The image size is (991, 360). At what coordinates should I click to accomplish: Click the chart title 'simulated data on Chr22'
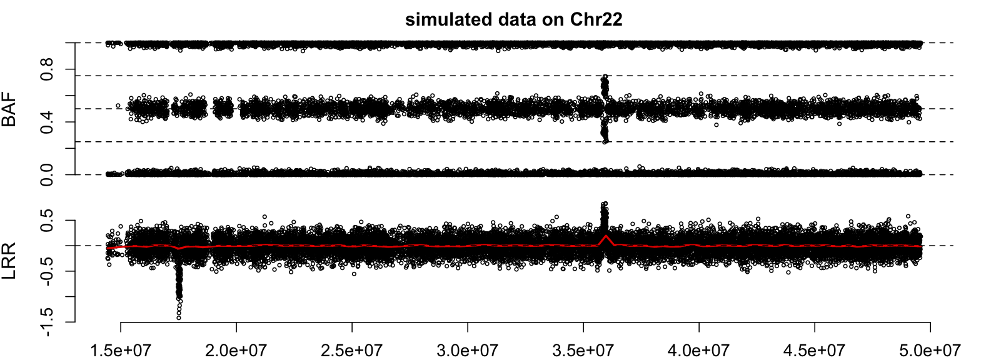(513, 19)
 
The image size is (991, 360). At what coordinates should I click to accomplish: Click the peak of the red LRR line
(605, 236)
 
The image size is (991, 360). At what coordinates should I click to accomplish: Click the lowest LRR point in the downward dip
(179, 317)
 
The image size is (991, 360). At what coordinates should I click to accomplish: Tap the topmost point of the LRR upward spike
(604, 204)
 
